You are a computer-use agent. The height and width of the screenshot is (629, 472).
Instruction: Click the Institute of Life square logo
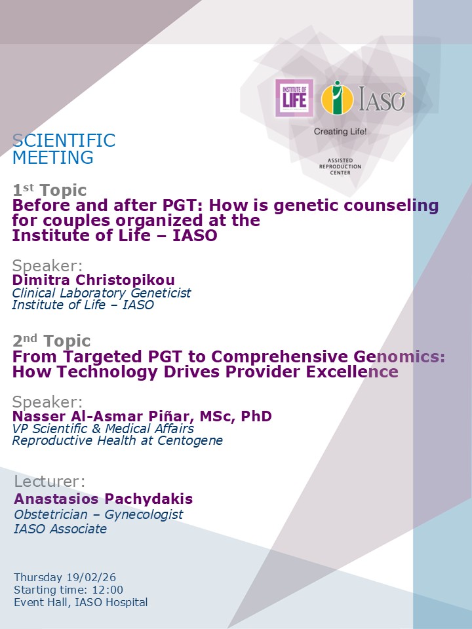point(294,98)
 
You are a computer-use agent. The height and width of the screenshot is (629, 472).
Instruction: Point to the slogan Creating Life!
point(340,132)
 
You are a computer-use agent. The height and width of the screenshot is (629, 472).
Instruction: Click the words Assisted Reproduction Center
point(340,166)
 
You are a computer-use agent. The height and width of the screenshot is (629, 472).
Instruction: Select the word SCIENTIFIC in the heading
point(64,141)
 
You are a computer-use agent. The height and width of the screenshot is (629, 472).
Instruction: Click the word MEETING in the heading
point(53,157)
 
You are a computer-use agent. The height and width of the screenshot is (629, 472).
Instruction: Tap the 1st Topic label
point(50,191)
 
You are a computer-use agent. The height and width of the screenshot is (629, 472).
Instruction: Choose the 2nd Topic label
point(52,341)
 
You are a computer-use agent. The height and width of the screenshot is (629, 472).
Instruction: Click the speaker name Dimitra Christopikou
point(94,280)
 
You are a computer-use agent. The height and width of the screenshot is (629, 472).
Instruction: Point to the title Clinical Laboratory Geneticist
point(102,293)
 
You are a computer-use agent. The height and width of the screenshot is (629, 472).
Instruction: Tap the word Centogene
point(191,440)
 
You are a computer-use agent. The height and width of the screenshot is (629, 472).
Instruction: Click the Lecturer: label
point(50,482)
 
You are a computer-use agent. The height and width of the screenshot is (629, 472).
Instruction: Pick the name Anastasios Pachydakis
point(104,499)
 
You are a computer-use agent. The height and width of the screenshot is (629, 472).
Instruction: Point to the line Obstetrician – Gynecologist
point(98,514)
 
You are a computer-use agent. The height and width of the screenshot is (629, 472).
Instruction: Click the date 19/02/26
point(91,577)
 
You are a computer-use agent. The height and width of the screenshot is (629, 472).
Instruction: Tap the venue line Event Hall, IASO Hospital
point(81,602)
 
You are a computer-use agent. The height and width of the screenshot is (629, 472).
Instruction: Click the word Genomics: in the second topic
point(401,357)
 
